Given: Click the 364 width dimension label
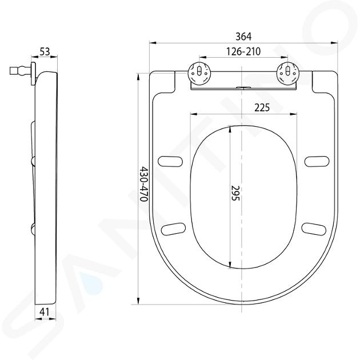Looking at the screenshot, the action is click(x=243, y=37).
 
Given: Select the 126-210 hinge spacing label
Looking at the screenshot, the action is click(x=243, y=51).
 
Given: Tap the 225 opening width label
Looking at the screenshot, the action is click(x=262, y=107).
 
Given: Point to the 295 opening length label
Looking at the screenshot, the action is click(x=235, y=193).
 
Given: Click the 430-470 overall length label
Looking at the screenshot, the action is click(x=144, y=184).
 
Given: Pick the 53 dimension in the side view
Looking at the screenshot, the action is click(x=45, y=51).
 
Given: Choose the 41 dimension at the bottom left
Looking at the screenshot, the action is click(x=45, y=312).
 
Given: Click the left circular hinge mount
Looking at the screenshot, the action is click(x=199, y=73).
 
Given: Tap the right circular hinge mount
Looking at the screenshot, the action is click(x=287, y=73).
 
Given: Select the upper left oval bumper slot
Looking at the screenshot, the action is click(x=170, y=161).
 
